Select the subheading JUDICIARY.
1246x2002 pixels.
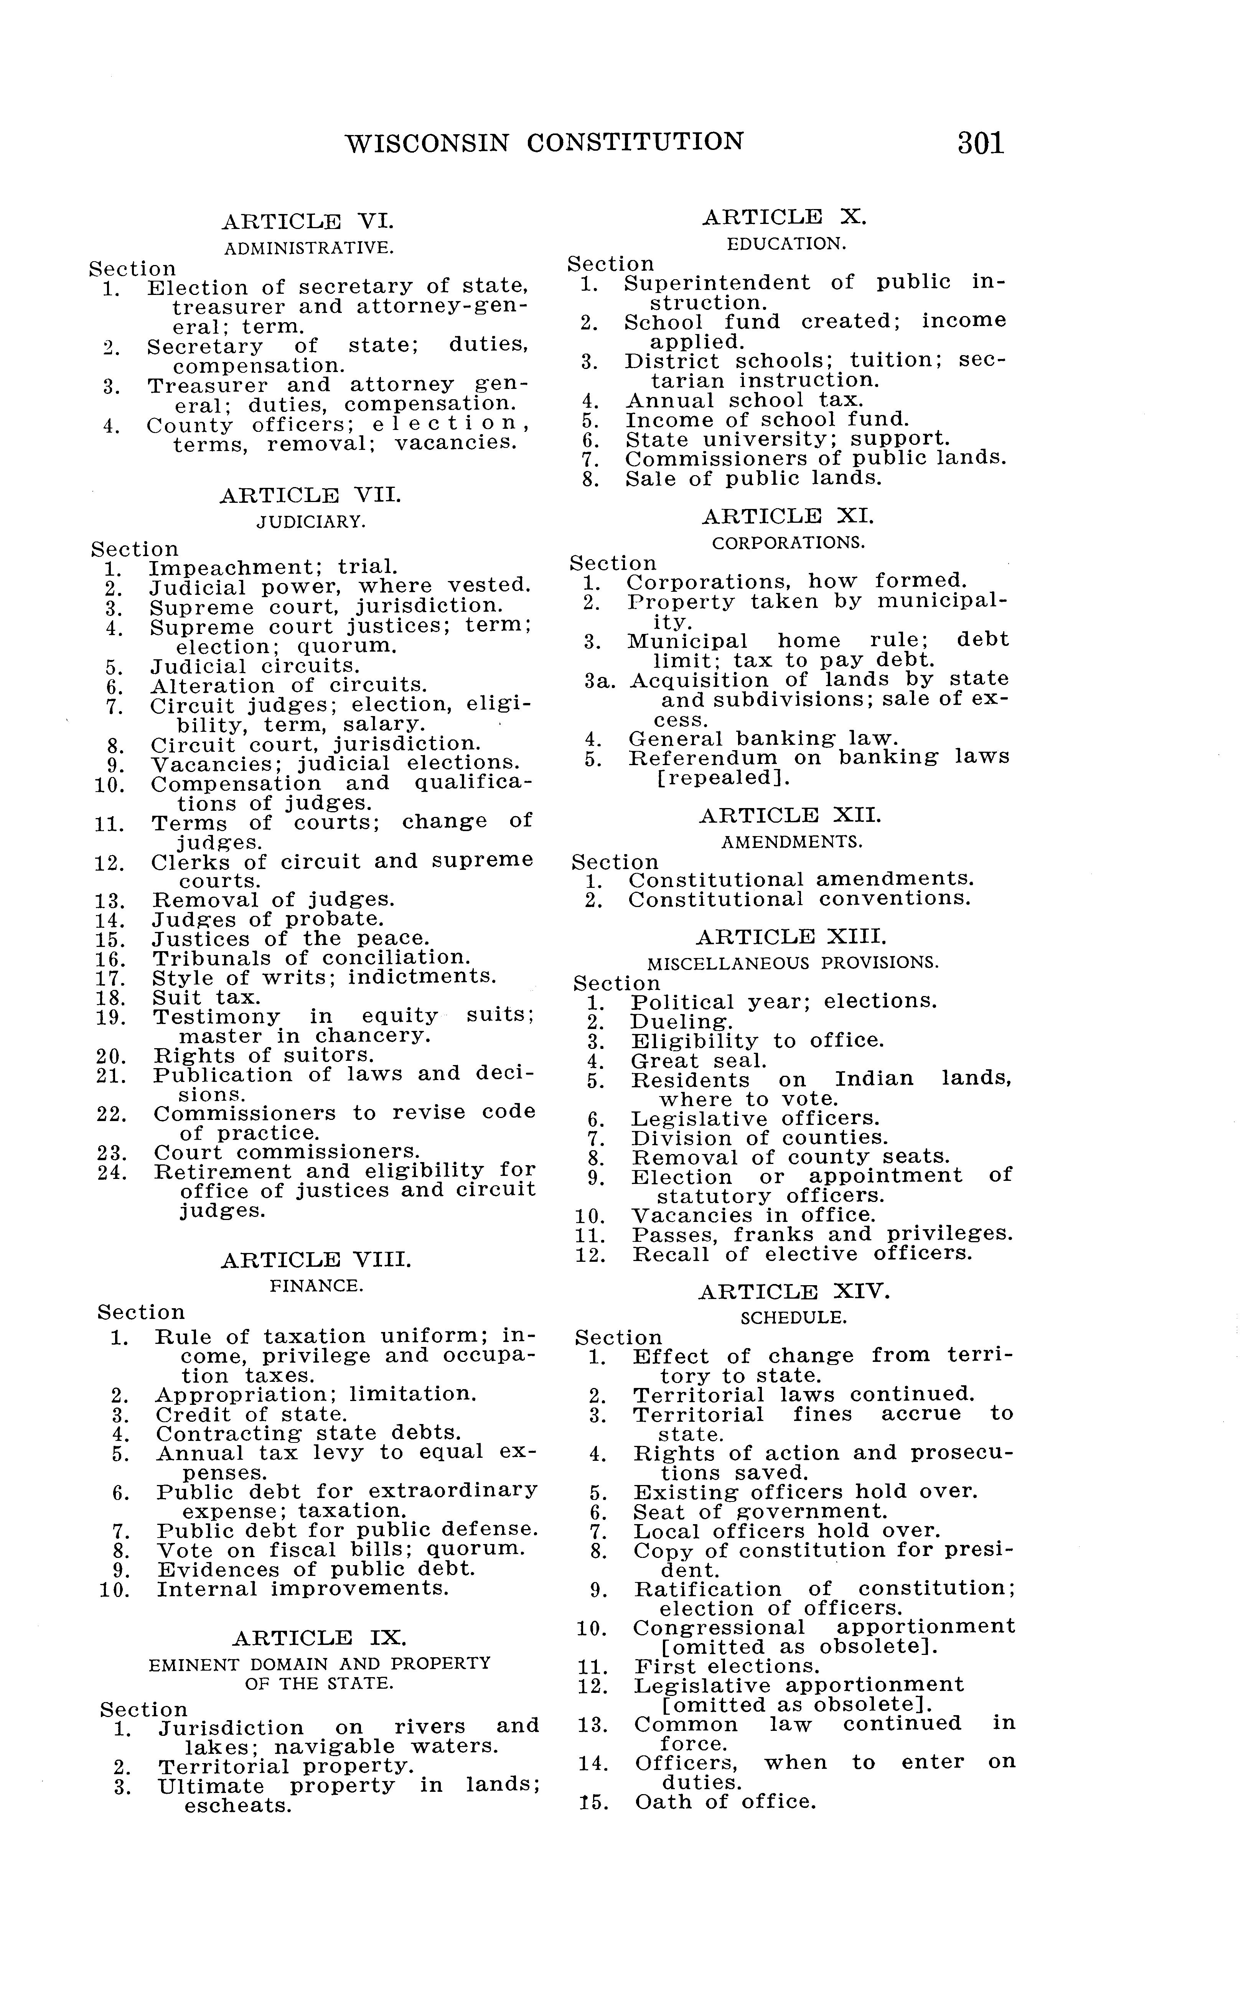pyautogui.click(x=311, y=522)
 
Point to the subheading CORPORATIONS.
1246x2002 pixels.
pyautogui.click(x=789, y=544)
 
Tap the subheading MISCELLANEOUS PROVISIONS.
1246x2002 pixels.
pyautogui.click(x=793, y=963)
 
